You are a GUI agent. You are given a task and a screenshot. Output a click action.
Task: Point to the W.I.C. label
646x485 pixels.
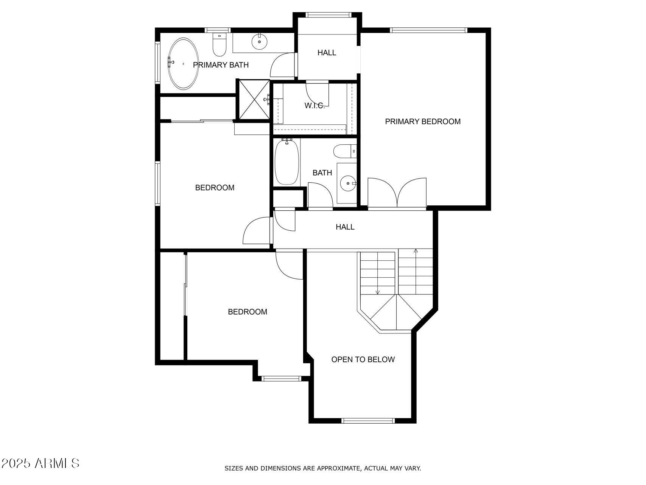pos(314,106)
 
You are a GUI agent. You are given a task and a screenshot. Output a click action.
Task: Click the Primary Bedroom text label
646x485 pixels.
pos(422,122)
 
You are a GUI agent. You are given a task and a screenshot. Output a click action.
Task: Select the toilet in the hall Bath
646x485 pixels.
pos(344,151)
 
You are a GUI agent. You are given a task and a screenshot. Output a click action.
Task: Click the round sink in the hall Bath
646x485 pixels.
pos(347,184)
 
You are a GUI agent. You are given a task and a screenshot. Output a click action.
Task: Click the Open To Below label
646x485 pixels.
pos(363,360)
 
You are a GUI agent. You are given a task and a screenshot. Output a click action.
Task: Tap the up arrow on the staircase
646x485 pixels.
pos(416,251)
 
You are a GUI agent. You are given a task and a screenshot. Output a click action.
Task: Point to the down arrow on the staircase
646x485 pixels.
pos(377,292)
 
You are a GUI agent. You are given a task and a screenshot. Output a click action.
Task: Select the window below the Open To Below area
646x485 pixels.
pos(368,421)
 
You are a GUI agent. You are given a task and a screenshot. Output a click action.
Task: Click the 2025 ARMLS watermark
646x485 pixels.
pos(40,463)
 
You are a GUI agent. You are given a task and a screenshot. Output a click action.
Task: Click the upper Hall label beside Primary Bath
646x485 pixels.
pos(327,53)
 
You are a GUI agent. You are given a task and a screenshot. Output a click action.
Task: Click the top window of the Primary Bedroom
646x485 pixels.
pos(428,30)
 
